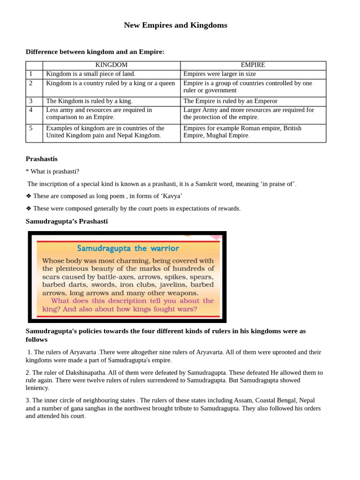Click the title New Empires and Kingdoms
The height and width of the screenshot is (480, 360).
pos(175,25)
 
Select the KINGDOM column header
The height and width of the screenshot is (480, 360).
pos(111,65)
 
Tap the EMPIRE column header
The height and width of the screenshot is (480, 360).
pos(253,65)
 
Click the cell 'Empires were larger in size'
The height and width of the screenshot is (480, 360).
pos(219,74)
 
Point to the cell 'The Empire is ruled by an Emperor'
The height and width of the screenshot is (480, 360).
pos(230,101)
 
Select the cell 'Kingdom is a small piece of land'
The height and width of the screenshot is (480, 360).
pos(90,74)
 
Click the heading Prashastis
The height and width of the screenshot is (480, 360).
pos(42,159)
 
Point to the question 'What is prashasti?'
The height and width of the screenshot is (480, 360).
pos(55,172)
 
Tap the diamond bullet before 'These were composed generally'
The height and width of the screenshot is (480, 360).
pos(29,208)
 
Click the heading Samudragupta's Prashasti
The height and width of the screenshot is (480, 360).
pos(67,221)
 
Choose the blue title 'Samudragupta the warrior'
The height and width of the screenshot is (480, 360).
pos(127,248)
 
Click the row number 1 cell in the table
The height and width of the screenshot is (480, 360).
pos(31,74)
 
